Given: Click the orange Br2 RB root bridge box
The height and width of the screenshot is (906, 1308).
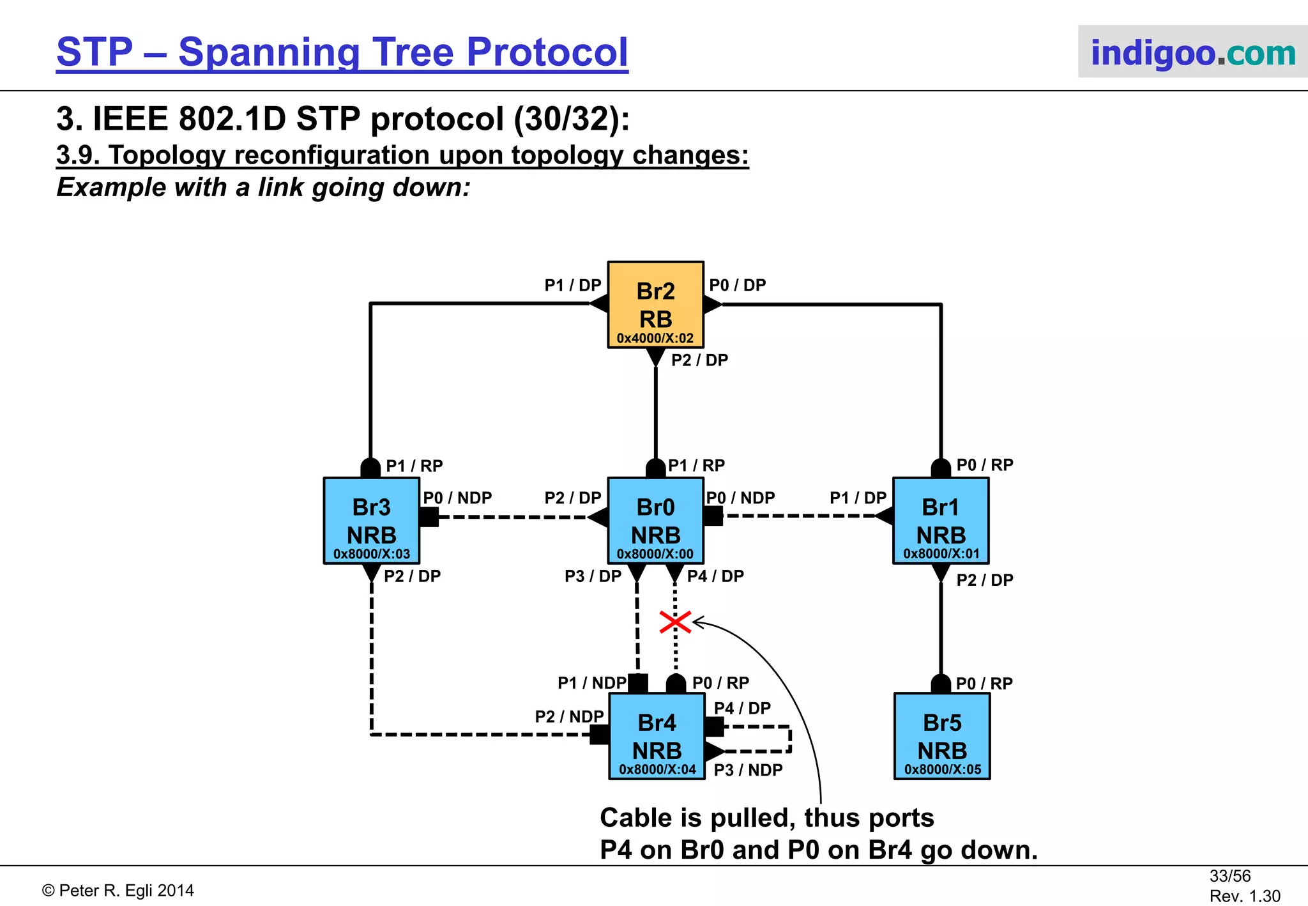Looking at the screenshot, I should point(655,304).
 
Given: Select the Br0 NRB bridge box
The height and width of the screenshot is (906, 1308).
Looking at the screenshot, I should point(655,520).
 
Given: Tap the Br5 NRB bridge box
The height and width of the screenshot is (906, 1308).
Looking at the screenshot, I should point(942,736).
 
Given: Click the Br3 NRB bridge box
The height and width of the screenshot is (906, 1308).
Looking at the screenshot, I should point(371,520).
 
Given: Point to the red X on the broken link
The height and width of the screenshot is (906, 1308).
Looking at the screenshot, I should point(675,622).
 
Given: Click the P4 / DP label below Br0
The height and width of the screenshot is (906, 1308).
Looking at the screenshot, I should point(715,576).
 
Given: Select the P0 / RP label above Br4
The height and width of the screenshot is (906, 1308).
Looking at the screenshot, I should point(720,683).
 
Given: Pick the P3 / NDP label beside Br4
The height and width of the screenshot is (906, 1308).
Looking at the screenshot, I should point(748,770).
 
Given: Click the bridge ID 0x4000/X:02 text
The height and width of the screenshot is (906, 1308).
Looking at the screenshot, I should point(655,338).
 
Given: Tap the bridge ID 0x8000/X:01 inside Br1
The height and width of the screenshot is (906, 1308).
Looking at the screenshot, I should point(941,554).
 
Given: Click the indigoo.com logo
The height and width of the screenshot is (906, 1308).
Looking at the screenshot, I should point(1192,52).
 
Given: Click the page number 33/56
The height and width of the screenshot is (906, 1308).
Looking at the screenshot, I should point(1229,876).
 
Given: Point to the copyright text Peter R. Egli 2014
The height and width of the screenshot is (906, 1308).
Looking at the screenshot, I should point(118,891).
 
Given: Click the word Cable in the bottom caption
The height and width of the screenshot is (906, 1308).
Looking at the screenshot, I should point(636,818).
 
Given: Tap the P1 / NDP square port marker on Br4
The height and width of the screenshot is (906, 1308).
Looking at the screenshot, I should point(638,684).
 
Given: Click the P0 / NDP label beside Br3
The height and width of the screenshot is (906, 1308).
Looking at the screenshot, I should point(457,498).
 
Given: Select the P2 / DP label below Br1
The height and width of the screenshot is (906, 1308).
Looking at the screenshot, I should point(985,580).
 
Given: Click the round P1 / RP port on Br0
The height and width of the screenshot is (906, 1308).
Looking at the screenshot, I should point(655,468).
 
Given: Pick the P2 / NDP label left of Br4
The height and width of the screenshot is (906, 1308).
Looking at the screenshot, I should point(569,717).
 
